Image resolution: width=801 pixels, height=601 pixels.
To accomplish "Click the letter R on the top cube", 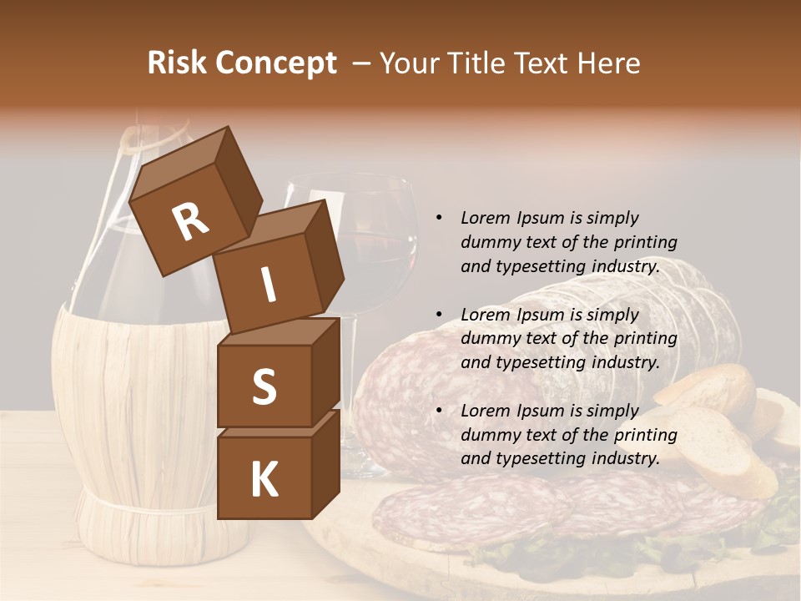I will point(190,221).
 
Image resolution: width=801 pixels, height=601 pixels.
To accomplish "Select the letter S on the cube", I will point(264,386).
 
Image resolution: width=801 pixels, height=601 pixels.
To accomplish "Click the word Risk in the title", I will point(175,63).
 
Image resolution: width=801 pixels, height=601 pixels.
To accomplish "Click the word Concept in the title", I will point(275,63).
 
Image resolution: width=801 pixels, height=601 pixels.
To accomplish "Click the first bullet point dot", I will point(439,218).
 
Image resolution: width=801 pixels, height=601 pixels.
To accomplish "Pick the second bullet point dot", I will point(439,315).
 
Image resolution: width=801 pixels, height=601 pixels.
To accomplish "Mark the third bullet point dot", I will point(439,411).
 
